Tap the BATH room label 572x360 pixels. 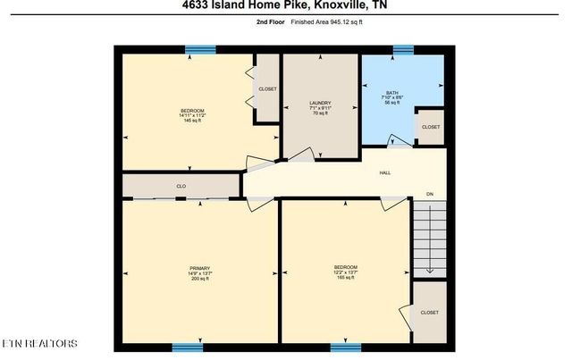(x=391, y=92)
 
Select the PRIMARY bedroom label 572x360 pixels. (x=198, y=267)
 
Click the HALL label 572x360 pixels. (x=384, y=173)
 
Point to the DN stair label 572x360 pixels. (x=429, y=194)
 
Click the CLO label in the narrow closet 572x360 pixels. (x=181, y=186)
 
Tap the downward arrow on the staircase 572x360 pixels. (x=428, y=269)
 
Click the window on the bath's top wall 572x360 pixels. (x=403, y=49)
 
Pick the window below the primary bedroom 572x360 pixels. (x=187, y=347)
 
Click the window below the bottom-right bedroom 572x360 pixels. (x=345, y=347)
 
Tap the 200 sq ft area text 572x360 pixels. (x=198, y=279)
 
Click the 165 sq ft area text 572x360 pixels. (x=345, y=278)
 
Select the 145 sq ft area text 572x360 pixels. (x=192, y=121)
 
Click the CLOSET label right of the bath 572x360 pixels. (x=431, y=127)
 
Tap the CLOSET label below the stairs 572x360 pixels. (x=429, y=313)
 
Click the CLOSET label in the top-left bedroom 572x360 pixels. (x=267, y=89)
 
